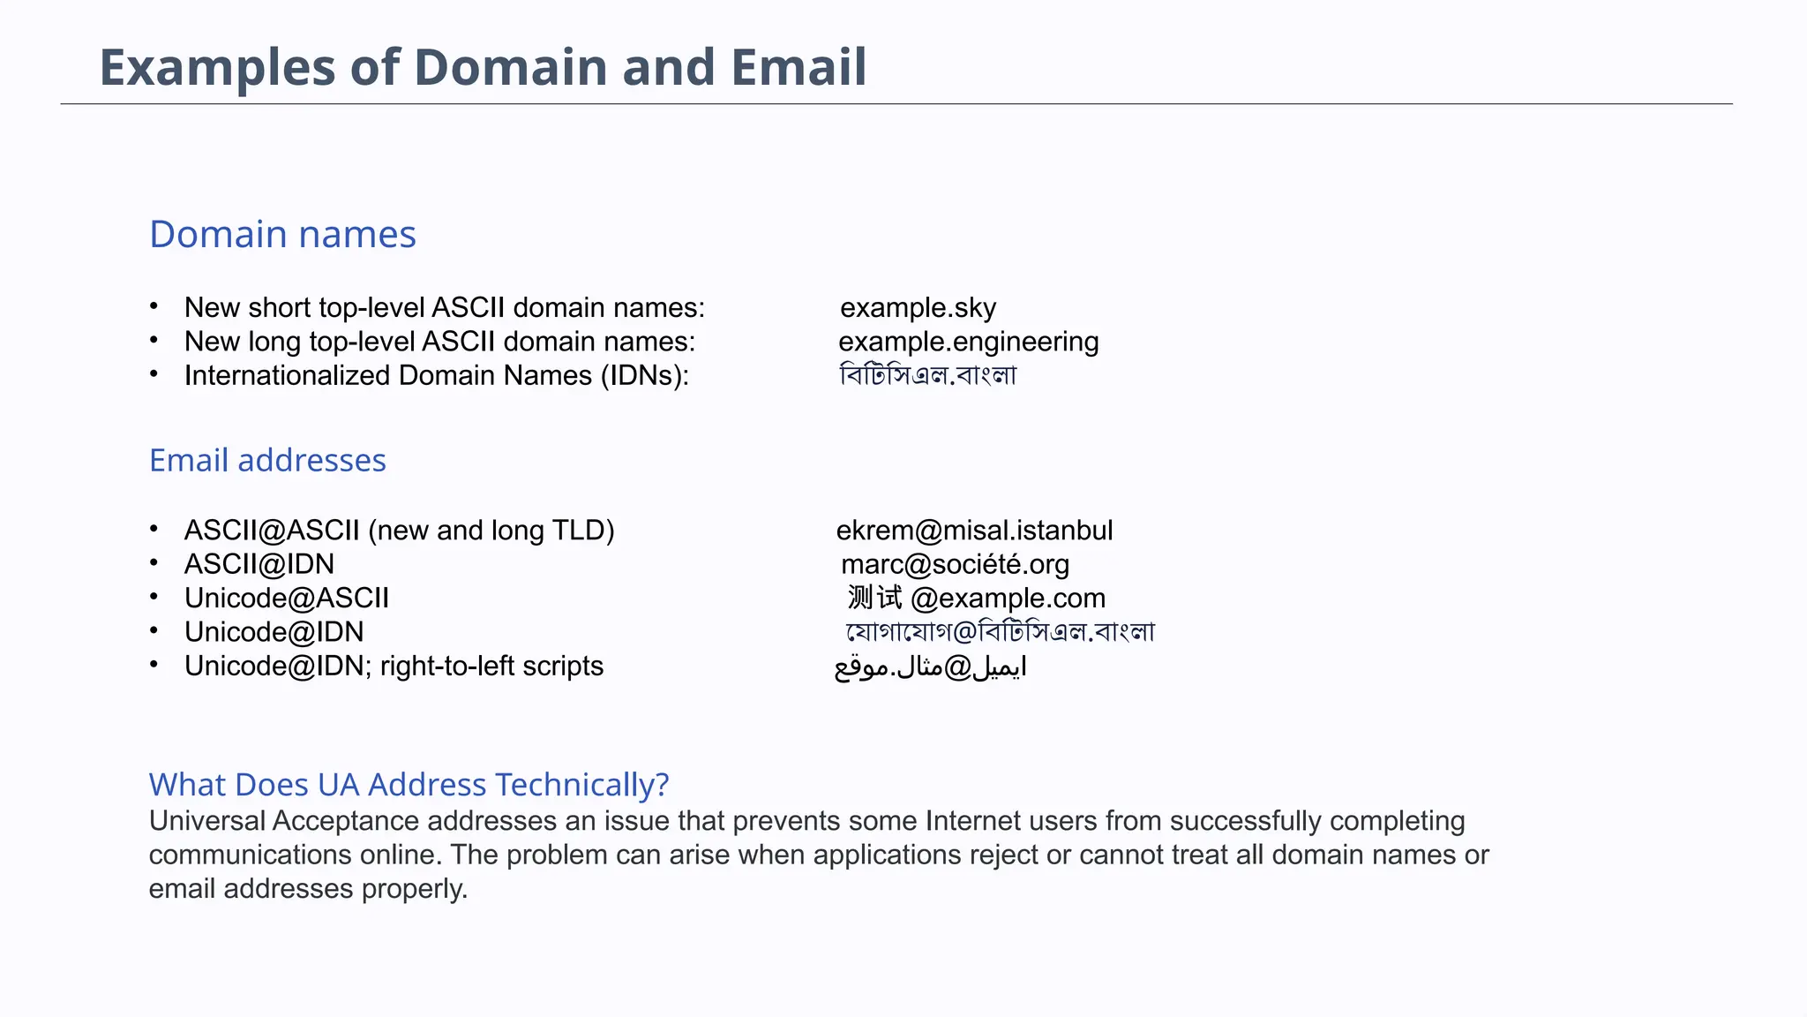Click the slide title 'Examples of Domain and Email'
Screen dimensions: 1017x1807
(483, 67)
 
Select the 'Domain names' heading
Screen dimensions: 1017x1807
(282, 235)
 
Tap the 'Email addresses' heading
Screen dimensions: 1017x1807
(267, 461)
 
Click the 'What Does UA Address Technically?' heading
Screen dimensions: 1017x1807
(409, 785)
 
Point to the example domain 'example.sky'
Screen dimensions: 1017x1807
(918, 308)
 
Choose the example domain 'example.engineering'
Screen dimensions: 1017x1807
(968, 342)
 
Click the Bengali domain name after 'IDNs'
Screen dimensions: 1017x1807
(927, 376)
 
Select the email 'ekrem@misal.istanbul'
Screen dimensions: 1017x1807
(974, 531)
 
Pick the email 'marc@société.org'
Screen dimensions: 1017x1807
(955, 565)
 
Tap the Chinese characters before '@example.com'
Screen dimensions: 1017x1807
(874, 599)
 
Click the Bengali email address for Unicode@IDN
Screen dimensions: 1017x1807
(1000, 632)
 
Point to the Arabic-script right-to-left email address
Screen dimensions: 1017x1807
(930, 667)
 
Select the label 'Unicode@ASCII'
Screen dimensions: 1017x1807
(287, 599)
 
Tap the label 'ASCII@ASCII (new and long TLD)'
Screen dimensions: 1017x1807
(399, 531)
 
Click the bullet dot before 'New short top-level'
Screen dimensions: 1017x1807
(154, 306)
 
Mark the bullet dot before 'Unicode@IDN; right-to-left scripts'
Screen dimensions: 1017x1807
(154, 665)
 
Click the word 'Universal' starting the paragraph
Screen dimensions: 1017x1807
(206, 821)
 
